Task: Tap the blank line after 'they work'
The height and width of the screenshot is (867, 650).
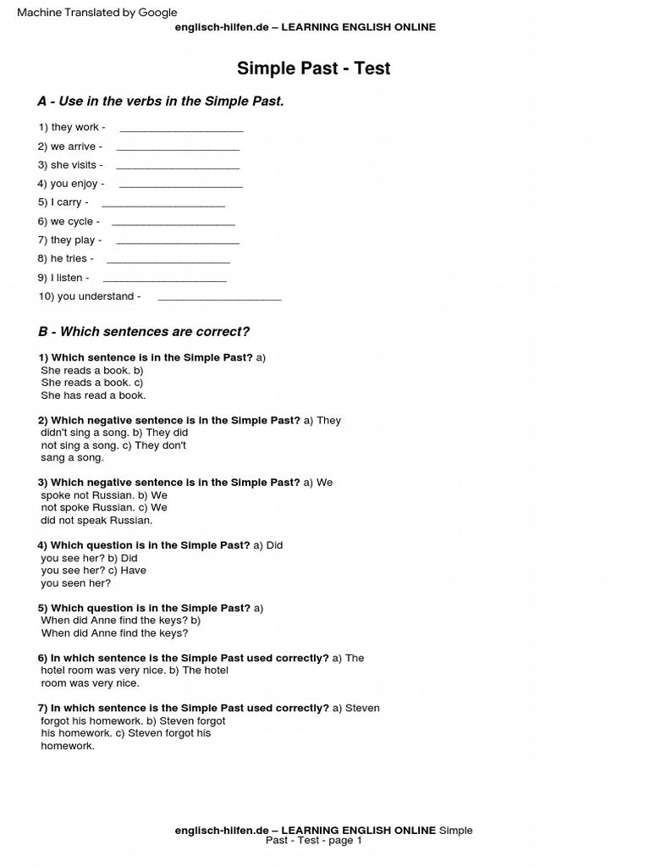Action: tap(181, 130)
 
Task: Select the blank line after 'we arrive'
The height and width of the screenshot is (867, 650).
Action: tap(178, 149)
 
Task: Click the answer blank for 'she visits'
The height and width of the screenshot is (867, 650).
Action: tap(178, 168)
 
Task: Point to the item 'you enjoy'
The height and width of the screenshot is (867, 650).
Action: tap(71, 184)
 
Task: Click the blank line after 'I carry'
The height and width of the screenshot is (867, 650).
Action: tap(163, 206)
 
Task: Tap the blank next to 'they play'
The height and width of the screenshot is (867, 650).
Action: tap(178, 243)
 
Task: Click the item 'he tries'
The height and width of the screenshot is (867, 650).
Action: tap(65, 259)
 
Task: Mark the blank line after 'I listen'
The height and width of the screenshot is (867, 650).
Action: tap(164, 280)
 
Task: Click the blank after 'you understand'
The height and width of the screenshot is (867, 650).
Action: tap(219, 299)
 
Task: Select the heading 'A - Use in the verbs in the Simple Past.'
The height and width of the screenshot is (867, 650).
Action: tap(161, 102)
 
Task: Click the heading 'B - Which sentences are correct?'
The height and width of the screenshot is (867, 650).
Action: tap(144, 332)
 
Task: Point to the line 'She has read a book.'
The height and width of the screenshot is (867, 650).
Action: tap(93, 395)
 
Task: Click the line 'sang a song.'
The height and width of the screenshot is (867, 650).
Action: tap(72, 458)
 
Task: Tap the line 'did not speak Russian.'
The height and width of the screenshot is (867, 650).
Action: tap(96, 521)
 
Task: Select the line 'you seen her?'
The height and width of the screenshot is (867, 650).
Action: tap(76, 583)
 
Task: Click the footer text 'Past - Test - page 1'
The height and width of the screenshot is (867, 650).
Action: tap(313, 841)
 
